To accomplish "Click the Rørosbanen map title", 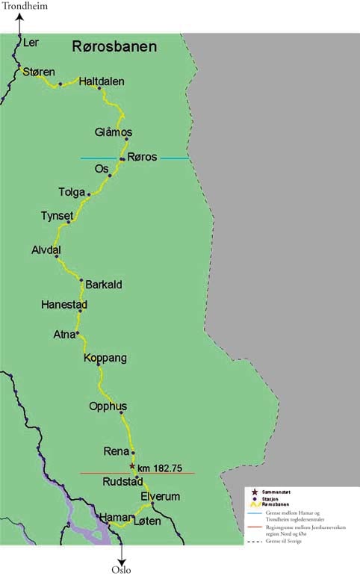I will (114, 47).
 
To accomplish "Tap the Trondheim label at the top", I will (25, 7).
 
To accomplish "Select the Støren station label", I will (39, 72).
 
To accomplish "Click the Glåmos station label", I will (114, 132).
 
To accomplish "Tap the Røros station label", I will (142, 158).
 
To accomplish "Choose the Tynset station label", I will (57, 217).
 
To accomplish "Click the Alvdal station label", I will (46, 250).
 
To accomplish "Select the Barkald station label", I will (104, 285).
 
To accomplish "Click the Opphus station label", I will (108, 406).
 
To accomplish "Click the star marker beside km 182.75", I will (132, 466).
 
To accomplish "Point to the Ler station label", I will (31, 43).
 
